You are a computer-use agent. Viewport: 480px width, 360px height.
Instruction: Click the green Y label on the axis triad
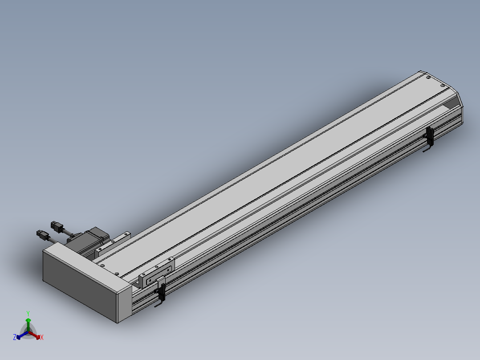click(28, 313)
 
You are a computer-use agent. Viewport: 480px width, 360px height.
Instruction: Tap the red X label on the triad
click(42, 337)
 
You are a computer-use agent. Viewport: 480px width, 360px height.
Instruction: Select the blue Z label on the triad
click(14, 337)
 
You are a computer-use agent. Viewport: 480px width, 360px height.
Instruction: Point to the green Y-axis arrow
click(28, 324)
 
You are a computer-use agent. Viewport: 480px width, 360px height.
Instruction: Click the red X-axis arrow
click(35, 335)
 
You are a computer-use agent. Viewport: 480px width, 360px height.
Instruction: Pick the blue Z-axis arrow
click(22, 335)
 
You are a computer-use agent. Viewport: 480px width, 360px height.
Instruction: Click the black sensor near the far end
click(430, 136)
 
